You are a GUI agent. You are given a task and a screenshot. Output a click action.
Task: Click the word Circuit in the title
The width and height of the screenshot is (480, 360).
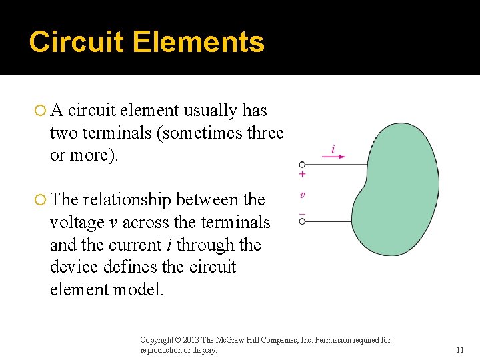(x=76, y=42)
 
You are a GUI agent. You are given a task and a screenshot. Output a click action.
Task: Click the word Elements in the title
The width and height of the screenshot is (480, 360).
(x=198, y=42)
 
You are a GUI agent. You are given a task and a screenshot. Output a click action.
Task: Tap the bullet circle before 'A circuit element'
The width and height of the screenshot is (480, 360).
(x=40, y=111)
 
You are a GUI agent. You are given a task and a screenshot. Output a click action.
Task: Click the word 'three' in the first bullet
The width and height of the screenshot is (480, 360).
(x=265, y=133)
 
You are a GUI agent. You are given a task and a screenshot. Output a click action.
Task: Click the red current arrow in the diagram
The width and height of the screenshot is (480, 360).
(x=333, y=157)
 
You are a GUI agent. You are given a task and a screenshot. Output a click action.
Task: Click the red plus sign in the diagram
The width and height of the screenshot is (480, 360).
(x=302, y=175)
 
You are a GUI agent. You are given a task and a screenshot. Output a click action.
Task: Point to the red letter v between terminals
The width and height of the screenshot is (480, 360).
(x=303, y=195)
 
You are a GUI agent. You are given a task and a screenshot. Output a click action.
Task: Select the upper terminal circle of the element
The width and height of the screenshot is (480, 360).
(x=302, y=164)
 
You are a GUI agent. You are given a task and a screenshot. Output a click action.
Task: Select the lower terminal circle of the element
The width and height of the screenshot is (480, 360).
(x=302, y=221)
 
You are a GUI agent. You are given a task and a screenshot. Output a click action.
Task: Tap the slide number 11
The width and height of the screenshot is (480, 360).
(x=460, y=350)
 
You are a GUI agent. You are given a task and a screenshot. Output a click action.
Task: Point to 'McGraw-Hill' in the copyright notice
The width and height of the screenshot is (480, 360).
(x=244, y=341)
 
